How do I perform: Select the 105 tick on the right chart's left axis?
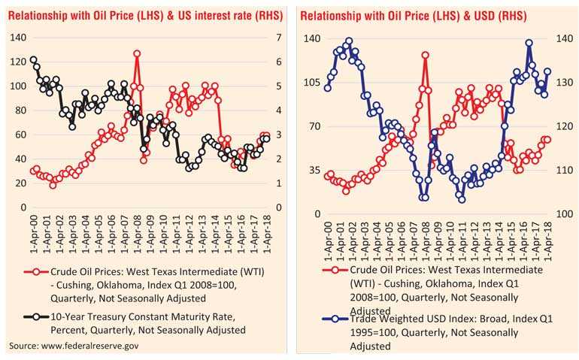(x=311, y=83)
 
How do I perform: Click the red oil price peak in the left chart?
(x=137, y=54)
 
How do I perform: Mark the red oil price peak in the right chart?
(x=426, y=56)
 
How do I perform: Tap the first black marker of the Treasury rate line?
(x=33, y=60)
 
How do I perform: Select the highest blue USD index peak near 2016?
(x=529, y=44)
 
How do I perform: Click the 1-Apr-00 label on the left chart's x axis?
(x=33, y=230)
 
